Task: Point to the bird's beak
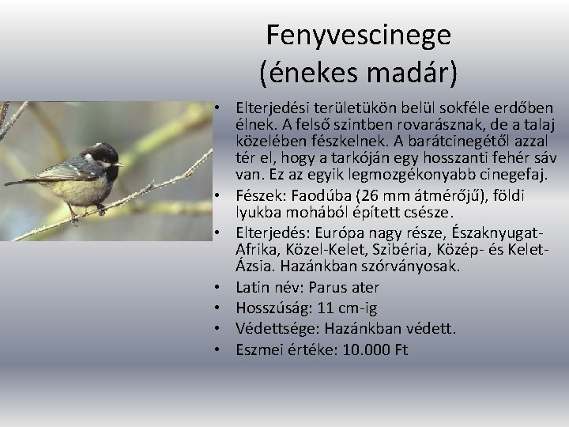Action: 121,164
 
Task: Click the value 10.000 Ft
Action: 375,349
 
